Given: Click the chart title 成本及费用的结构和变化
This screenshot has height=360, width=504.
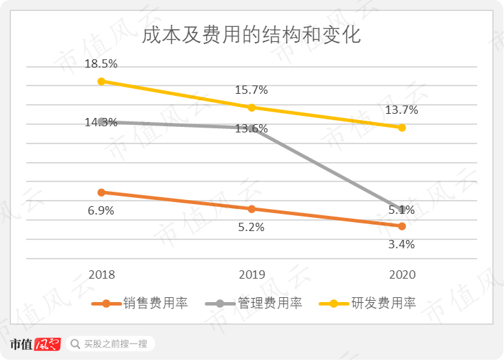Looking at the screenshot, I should [251, 35].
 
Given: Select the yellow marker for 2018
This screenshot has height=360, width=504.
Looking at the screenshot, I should [101, 81].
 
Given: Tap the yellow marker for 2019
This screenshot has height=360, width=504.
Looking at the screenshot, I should [252, 108].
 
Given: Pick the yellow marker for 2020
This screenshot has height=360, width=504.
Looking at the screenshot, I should [402, 128].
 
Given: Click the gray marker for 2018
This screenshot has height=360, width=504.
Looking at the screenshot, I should [101, 121].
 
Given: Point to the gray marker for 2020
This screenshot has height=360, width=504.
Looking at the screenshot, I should [402, 208].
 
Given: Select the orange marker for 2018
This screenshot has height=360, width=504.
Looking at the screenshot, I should [101, 192].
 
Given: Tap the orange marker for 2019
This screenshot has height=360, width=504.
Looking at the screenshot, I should [252, 209].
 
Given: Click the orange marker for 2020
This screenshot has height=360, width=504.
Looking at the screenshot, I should [402, 226].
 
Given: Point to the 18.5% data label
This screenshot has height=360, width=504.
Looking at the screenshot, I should [101, 63].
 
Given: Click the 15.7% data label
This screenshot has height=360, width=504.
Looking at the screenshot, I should [252, 90].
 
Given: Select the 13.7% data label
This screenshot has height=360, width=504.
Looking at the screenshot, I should [402, 110].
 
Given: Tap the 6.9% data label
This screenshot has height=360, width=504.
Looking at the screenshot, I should [101, 210].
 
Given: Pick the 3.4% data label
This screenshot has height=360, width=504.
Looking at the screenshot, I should [402, 244].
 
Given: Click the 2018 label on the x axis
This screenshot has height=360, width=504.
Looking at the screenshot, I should [101, 274].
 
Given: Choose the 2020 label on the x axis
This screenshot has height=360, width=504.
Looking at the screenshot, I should [402, 274].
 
